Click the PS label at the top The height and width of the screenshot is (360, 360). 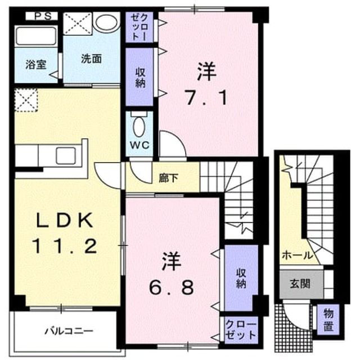pos(43,16)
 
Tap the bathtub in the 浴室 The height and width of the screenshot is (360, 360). pos(36,36)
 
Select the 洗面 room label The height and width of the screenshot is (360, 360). pos(91,59)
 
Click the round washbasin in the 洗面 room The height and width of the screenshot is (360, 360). pos(107,22)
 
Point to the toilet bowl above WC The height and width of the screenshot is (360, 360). pos(139,127)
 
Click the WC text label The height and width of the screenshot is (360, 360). pos(139,145)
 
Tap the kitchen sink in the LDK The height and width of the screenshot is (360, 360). pos(66,156)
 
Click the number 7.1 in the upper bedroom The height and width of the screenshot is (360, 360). pos(206,97)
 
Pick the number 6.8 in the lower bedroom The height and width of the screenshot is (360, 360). pos(172,288)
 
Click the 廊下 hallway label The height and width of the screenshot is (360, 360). pos(169,178)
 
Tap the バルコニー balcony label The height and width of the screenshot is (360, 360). pos(69,331)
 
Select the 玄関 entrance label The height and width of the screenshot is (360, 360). pos(300,283)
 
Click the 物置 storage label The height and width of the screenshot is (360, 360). pos(328,319)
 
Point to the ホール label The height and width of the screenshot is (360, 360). pos(298,255)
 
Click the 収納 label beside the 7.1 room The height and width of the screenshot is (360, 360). pos(140,78)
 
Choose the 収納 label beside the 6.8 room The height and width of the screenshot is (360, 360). pos(241,278)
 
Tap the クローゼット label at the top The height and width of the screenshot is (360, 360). pos(139,27)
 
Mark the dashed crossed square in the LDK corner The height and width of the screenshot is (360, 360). pos(26,100)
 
